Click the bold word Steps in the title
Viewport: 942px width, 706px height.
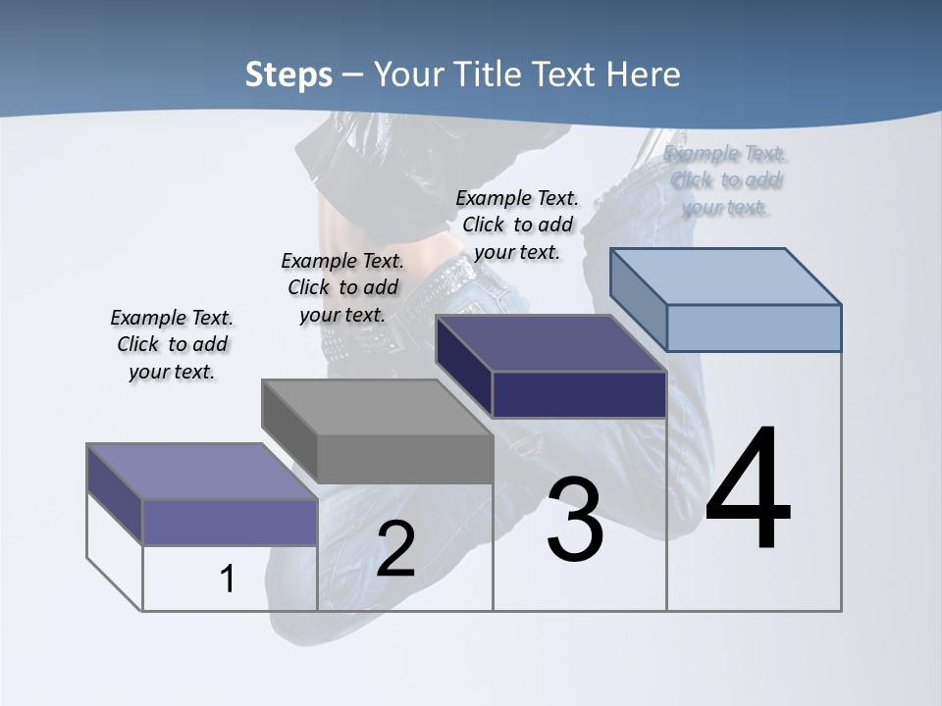(x=288, y=75)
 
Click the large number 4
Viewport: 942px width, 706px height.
(x=748, y=490)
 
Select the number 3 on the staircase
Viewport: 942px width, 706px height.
(x=575, y=520)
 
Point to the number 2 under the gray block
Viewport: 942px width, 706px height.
(x=395, y=549)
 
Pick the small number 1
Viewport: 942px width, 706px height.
(x=228, y=579)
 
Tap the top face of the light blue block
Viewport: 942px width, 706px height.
(x=726, y=276)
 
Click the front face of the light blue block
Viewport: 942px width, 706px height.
(x=754, y=328)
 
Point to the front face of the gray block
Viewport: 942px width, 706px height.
(x=404, y=459)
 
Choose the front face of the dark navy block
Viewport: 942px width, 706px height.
(x=579, y=394)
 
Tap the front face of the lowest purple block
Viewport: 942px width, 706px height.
(x=230, y=522)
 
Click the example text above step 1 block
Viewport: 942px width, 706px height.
(x=172, y=344)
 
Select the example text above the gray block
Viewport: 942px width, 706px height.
(x=342, y=287)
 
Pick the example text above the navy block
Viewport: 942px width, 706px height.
(x=517, y=225)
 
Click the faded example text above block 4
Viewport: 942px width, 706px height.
(x=726, y=179)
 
